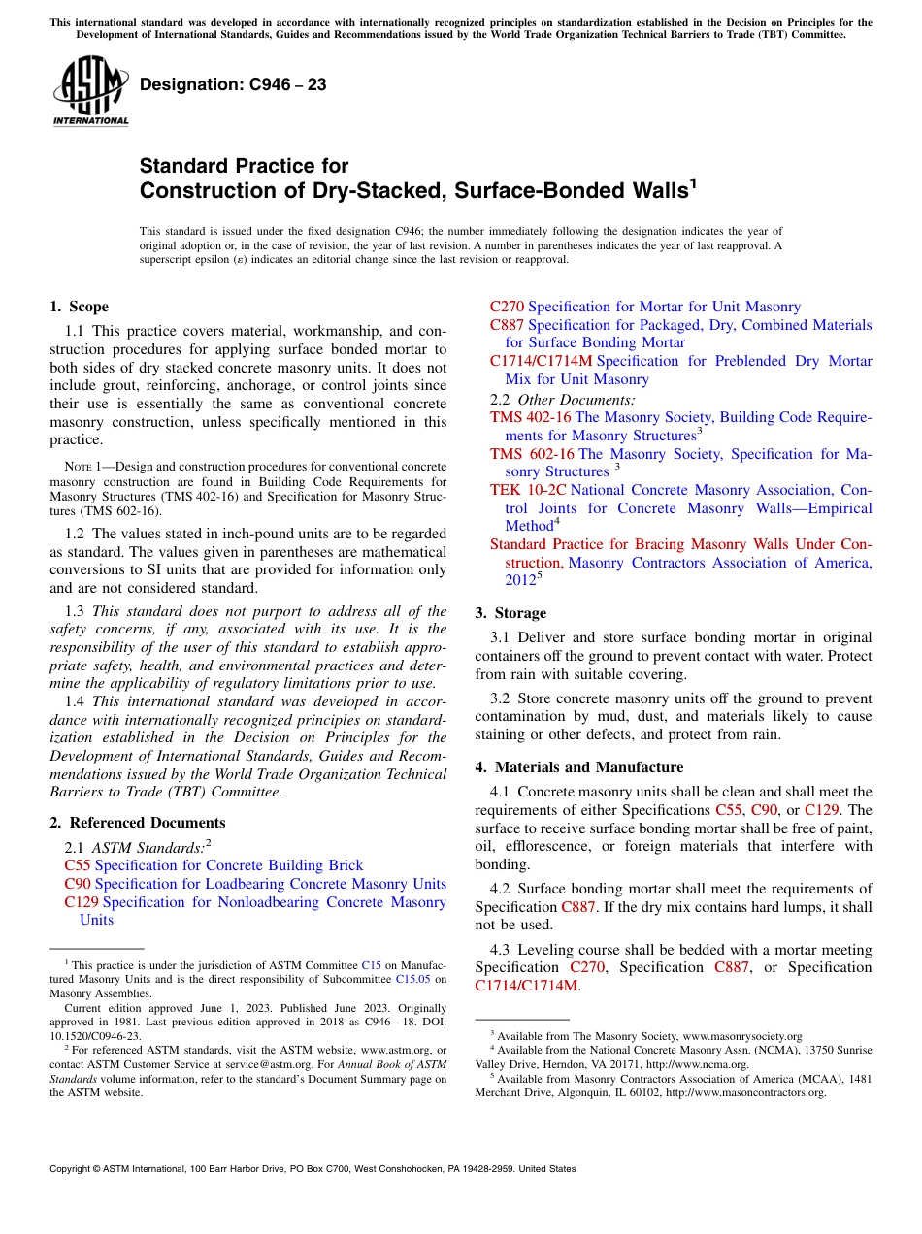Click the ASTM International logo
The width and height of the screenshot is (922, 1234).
tap(90, 91)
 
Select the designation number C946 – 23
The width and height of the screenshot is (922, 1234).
tap(233, 85)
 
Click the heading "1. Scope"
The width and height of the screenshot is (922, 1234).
tap(79, 307)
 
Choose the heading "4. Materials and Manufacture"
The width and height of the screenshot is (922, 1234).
tap(578, 767)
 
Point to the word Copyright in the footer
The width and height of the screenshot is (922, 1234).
tap(72, 1169)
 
